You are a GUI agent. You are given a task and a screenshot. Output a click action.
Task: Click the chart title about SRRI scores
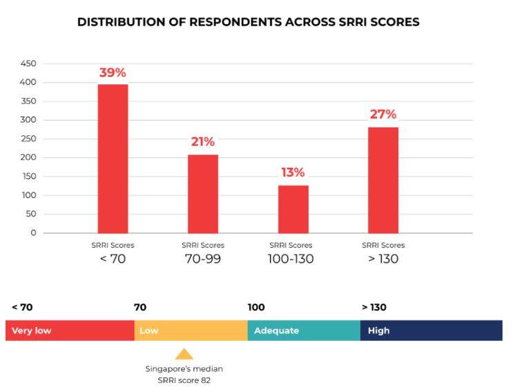[248, 22]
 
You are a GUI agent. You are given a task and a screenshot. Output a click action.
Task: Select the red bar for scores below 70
[113, 159]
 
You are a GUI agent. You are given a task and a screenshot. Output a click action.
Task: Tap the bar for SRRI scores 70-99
[203, 194]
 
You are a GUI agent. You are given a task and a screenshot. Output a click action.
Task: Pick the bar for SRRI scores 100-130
[293, 209]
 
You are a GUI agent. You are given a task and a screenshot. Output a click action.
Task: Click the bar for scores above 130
[383, 180]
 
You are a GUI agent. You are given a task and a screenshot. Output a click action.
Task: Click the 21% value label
[203, 142]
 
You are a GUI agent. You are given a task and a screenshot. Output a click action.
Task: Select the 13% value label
[293, 173]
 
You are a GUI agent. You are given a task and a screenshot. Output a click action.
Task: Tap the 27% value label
[383, 115]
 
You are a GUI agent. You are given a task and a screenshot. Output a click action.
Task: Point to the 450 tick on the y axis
[28, 63]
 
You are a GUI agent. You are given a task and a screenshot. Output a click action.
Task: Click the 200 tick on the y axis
[28, 157]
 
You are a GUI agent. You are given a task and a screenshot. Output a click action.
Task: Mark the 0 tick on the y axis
[32, 233]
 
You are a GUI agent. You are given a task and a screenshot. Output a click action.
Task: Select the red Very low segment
[70, 331]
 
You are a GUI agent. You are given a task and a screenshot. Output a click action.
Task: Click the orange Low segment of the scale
[191, 331]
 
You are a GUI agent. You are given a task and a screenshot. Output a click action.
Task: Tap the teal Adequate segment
[304, 331]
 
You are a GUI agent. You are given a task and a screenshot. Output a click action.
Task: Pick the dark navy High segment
[431, 331]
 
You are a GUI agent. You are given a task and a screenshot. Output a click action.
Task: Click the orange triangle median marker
[184, 355]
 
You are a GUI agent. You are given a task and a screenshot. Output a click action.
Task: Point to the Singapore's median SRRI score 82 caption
[184, 373]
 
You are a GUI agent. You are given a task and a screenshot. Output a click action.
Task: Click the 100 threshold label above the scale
[256, 308]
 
